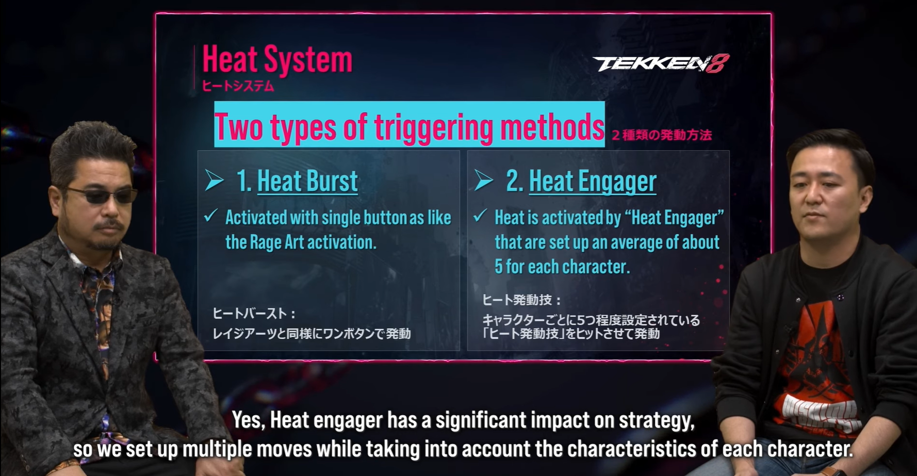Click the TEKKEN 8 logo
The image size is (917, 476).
click(661, 63)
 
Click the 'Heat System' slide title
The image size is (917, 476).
click(277, 59)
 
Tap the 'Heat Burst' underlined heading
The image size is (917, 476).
click(307, 181)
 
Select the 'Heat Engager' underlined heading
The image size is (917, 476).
click(593, 182)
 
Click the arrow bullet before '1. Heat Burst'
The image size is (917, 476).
click(214, 180)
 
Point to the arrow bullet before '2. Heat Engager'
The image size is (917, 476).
click(484, 180)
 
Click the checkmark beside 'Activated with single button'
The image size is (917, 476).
click(210, 216)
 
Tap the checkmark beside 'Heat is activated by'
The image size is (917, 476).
click(480, 216)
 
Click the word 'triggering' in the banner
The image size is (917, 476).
click(434, 127)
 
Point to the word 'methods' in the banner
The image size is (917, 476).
click(552, 127)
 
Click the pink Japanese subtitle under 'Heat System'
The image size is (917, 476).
click(238, 86)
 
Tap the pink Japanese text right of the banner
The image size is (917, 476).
click(662, 135)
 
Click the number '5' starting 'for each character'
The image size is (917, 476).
click(498, 267)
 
